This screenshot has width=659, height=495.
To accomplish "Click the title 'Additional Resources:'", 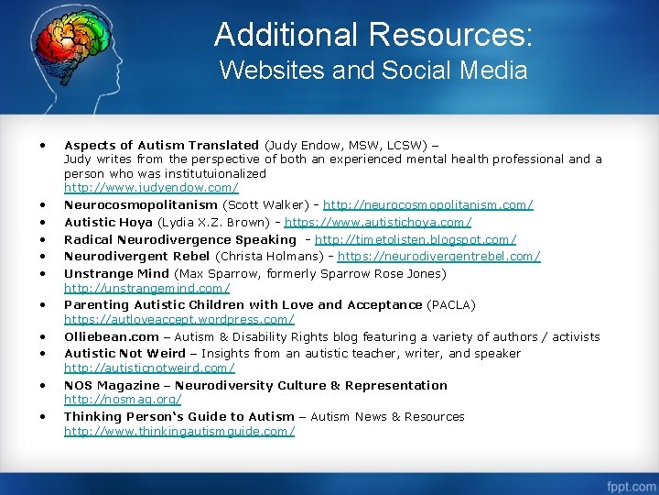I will click(373, 35).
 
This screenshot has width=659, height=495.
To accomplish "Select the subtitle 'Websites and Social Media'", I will click(373, 71).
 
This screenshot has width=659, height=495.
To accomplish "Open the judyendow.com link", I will click(151, 187).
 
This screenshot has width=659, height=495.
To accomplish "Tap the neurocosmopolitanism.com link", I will click(427, 204).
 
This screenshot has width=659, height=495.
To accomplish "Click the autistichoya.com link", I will click(378, 222).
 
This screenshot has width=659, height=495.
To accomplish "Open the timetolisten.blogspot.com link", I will click(416, 239).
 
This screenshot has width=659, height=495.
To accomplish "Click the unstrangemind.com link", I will click(146, 288).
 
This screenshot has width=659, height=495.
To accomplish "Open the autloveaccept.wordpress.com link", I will click(178, 319).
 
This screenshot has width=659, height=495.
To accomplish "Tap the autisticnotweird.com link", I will click(149, 368).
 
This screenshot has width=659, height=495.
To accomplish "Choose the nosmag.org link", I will click(123, 399).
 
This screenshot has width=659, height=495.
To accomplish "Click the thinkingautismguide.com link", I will click(178, 430).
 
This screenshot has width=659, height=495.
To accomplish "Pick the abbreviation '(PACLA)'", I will click(451, 304).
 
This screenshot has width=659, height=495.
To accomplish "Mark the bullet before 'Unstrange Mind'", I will click(43, 273).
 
